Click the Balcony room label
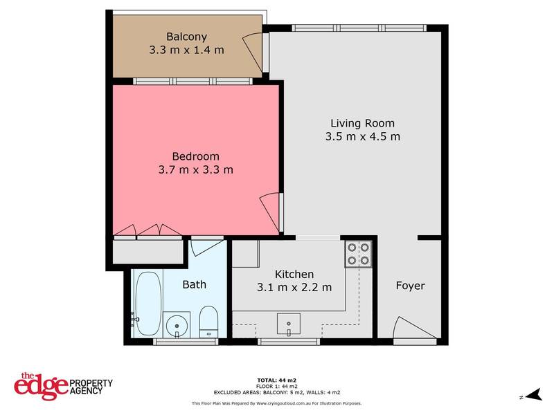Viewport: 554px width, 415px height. pos(186,37)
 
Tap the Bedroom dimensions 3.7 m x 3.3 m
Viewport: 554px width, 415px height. pos(196,169)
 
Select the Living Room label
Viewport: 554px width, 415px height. pos(362,123)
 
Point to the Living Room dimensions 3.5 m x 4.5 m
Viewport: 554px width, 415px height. pos(362,136)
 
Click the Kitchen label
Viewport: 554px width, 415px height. pos(294,275)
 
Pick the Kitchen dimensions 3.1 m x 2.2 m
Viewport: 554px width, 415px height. pos(294,287)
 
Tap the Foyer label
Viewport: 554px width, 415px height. pos(410,286)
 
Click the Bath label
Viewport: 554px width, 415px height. pos(194,284)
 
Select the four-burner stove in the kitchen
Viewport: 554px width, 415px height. pos(359,254)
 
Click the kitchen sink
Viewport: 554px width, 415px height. pos(288,323)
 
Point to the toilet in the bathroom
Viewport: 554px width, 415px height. pos(208,322)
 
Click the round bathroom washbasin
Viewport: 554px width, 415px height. pos(178,323)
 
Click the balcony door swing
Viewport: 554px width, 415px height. pos(251,44)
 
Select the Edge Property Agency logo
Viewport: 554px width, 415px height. pos(63,384)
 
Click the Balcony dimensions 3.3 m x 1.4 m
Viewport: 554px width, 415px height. pos(186,50)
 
